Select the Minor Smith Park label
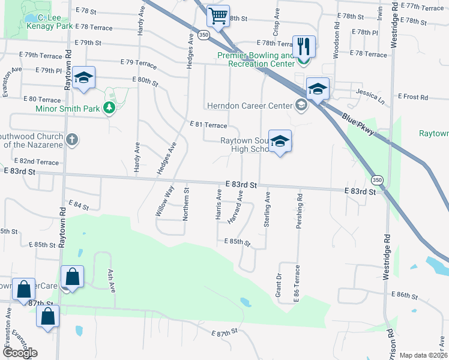pos(68,109)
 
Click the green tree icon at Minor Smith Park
pos(109,108)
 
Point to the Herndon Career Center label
pos(249,106)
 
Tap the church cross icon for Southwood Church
pos(71,140)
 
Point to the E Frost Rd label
pos(413,97)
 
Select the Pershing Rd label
pos(298,207)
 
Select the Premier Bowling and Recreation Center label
pos(256,58)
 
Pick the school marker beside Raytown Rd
pos(84,78)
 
